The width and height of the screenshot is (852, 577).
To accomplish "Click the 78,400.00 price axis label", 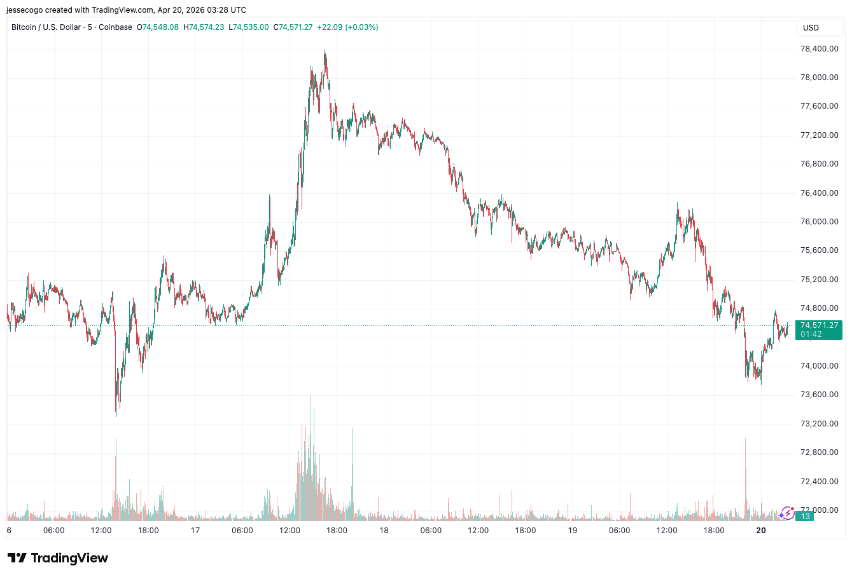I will [819, 49].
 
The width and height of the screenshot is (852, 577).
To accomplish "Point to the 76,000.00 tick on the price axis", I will [819, 222].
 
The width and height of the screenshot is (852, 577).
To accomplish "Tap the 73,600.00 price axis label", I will [819, 395].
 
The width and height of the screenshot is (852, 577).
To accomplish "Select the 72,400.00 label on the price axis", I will [819, 482].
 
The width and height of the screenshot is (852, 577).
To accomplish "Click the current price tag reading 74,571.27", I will [819, 325].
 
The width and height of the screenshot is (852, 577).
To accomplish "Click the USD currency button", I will [811, 28].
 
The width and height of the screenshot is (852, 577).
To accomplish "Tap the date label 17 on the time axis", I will [195, 531].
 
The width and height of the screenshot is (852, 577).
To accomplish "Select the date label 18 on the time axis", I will [384, 531].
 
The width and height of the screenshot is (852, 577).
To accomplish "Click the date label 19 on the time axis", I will [573, 531].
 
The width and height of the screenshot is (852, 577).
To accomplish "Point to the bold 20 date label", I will [761, 531].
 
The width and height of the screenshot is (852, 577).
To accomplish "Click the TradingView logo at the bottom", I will [58, 558].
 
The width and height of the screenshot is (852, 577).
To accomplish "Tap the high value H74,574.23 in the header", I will [204, 27].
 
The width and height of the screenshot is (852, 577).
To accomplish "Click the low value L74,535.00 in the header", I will [249, 27].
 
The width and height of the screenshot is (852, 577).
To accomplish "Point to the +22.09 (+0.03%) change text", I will [348, 27].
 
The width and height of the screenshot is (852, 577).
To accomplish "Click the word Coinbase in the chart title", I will [116, 27].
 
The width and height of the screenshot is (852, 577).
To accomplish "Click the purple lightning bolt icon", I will [787, 513].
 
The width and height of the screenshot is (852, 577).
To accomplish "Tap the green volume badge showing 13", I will [805, 517].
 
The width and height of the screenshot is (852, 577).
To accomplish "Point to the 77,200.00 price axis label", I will [819, 135].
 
